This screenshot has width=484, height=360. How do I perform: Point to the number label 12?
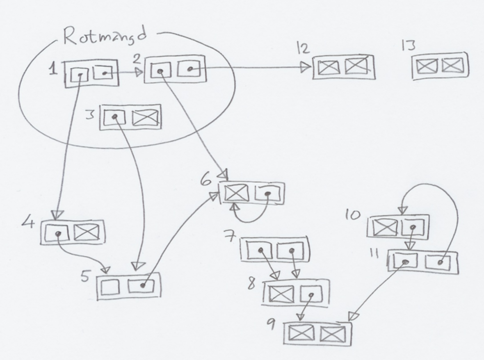[x=303, y=49]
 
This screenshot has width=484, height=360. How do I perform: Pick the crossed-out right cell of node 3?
[x=145, y=118]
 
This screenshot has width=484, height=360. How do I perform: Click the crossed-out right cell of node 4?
[x=87, y=232]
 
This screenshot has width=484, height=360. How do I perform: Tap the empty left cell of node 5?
[x=110, y=286]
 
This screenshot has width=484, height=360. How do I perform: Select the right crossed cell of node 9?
[x=333, y=334]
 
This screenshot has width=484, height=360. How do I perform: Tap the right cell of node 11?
[x=439, y=262]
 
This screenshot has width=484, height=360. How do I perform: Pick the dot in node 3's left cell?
[x=115, y=116]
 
